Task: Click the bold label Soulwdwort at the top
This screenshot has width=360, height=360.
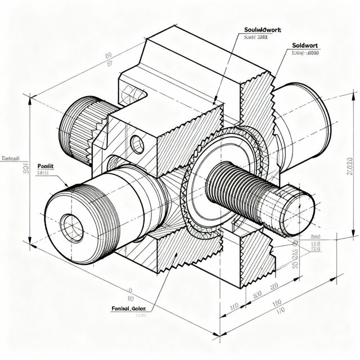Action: (262, 30)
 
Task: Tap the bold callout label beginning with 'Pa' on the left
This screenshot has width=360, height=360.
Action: (45, 166)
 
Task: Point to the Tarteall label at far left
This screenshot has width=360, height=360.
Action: (11, 158)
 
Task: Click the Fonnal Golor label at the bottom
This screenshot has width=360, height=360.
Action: (128, 308)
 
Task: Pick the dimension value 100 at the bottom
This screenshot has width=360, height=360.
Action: (234, 307)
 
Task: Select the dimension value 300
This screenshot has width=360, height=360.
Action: (256, 295)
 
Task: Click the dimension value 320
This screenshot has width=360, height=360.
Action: (274, 287)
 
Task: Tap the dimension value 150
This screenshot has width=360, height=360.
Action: (277, 303)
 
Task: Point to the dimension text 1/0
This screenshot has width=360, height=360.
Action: (280, 311)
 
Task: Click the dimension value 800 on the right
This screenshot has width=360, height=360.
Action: (315, 237)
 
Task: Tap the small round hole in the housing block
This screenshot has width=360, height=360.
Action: (137, 143)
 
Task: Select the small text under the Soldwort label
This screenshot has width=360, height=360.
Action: (306, 53)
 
